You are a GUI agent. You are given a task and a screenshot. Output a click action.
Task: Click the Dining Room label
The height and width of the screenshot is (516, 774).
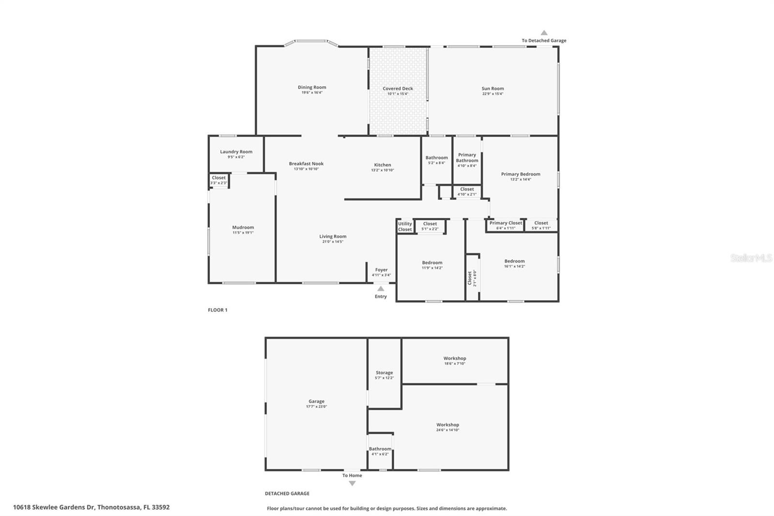(312, 88)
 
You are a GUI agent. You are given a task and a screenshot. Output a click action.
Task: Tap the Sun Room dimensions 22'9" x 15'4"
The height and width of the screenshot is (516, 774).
(492, 94)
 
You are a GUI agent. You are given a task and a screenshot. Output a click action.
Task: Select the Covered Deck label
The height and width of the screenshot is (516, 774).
(398, 89)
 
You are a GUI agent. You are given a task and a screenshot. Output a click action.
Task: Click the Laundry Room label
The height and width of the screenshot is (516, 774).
(236, 152)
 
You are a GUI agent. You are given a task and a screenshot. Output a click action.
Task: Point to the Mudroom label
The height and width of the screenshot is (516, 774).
(243, 228)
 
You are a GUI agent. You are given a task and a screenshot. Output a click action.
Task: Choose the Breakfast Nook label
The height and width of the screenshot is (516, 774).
(306, 164)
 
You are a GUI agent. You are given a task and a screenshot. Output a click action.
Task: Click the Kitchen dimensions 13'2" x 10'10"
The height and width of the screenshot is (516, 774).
(382, 170)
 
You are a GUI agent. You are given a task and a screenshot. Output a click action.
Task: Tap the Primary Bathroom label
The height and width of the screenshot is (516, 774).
(467, 158)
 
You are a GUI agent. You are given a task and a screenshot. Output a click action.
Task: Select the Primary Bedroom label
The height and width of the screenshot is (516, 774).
(521, 174)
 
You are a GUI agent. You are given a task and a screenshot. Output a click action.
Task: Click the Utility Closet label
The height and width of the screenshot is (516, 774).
(405, 227)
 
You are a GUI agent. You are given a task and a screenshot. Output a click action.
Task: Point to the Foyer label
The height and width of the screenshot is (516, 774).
(381, 270)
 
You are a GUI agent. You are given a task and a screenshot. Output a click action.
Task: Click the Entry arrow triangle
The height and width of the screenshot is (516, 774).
(381, 288)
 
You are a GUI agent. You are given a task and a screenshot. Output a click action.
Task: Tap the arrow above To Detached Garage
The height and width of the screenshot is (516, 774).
(544, 33)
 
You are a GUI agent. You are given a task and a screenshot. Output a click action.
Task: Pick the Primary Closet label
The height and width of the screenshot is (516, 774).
(506, 223)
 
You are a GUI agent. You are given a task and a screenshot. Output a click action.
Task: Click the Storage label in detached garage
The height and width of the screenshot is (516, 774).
(384, 373)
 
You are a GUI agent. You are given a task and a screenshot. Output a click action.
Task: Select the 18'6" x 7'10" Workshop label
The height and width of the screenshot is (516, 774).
(455, 359)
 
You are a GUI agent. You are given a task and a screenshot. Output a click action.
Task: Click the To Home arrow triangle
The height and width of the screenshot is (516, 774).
(352, 483)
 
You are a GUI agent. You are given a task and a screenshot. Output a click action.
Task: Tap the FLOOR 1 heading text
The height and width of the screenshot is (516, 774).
(218, 310)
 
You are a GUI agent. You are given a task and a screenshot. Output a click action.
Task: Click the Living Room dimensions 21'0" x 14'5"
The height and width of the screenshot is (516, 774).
(333, 242)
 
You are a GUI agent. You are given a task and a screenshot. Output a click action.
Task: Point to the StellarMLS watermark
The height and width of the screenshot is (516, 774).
(751, 258)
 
